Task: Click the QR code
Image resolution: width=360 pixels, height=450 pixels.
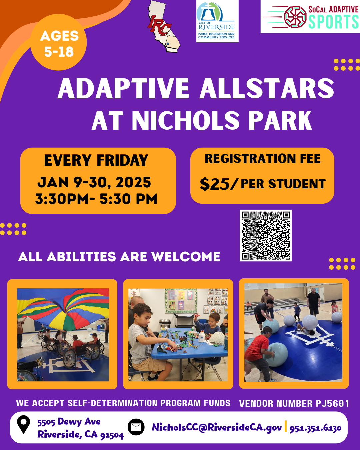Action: (x=266, y=235)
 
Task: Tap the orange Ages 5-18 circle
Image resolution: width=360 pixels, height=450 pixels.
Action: (x=59, y=43)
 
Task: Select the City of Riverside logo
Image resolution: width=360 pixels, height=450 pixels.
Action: (x=217, y=21)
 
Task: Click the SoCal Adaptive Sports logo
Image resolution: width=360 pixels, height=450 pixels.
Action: (x=310, y=17)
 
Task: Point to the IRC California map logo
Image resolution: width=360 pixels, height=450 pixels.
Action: (x=163, y=27)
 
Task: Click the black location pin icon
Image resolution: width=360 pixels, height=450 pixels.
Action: (x=23, y=424)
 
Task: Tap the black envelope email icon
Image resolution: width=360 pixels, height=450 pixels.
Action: (x=136, y=427)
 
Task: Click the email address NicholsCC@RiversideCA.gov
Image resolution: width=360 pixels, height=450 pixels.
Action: (x=217, y=427)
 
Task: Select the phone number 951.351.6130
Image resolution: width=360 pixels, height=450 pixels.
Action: (x=315, y=428)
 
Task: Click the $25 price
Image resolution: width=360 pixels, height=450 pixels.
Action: (x=215, y=184)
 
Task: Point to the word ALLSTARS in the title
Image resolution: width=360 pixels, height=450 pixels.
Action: (x=267, y=89)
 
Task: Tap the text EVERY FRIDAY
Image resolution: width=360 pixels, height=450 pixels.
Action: (x=96, y=160)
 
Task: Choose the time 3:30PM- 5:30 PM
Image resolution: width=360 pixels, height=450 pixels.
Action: (x=96, y=199)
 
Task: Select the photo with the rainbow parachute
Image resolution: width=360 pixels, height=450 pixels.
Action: (x=63, y=334)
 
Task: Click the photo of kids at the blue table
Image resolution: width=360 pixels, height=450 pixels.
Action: (x=178, y=334)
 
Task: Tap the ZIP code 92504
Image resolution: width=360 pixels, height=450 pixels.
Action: (x=112, y=435)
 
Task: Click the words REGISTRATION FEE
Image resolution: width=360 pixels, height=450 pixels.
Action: (x=262, y=159)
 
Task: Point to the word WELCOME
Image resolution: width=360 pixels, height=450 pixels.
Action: (x=186, y=257)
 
